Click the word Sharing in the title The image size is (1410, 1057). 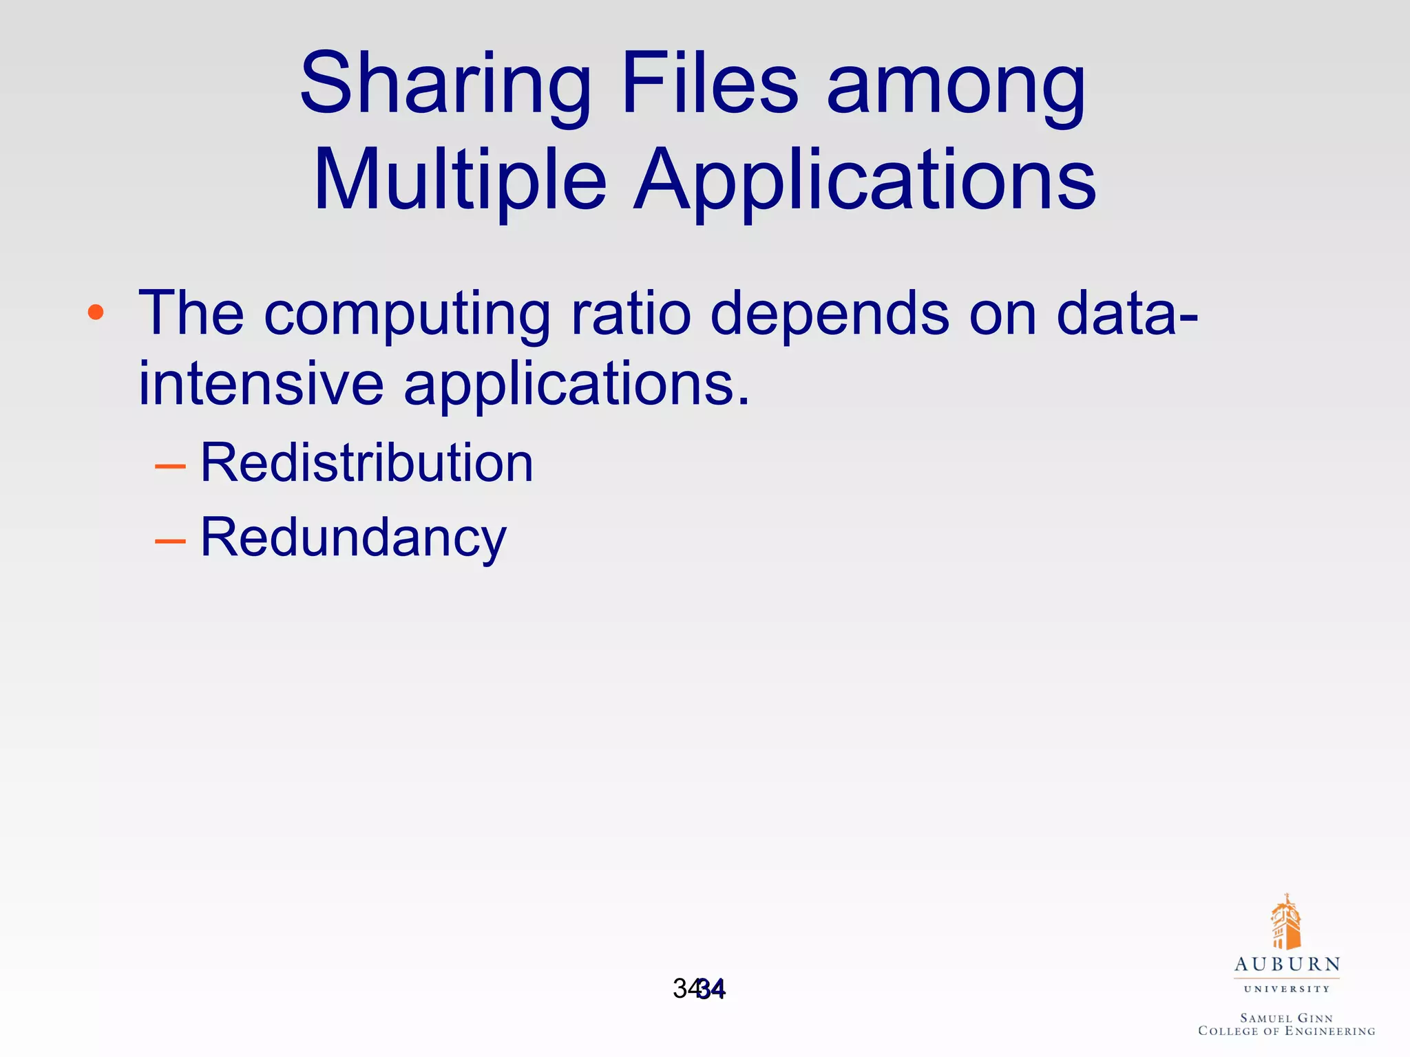click(445, 86)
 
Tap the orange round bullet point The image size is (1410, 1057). click(96, 313)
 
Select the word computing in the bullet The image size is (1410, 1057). click(407, 314)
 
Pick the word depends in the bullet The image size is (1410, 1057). click(829, 314)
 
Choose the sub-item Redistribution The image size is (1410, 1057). click(366, 462)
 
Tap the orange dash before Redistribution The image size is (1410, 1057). click(170, 467)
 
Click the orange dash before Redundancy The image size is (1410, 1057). click(170, 542)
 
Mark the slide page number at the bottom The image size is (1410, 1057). click(699, 989)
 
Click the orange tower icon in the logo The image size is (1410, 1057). click(1285, 922)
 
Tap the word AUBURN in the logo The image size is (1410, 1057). click(1287, 965)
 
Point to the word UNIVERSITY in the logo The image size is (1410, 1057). click(1287, 990)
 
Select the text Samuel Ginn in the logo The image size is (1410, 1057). click(1286, 1018)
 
